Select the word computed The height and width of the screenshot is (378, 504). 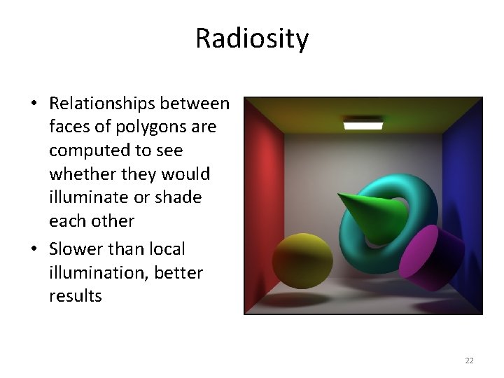coord(83,150)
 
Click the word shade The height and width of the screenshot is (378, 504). coord(178,197)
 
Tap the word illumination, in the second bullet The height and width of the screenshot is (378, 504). coord(95,272)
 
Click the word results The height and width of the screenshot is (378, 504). coord(75,296)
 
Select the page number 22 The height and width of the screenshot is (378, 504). coord(469,360)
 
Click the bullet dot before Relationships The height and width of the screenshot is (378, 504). coord(34,104)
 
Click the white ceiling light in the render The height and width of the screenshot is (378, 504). coord(363,125)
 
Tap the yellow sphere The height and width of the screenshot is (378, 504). coord(302,260)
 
